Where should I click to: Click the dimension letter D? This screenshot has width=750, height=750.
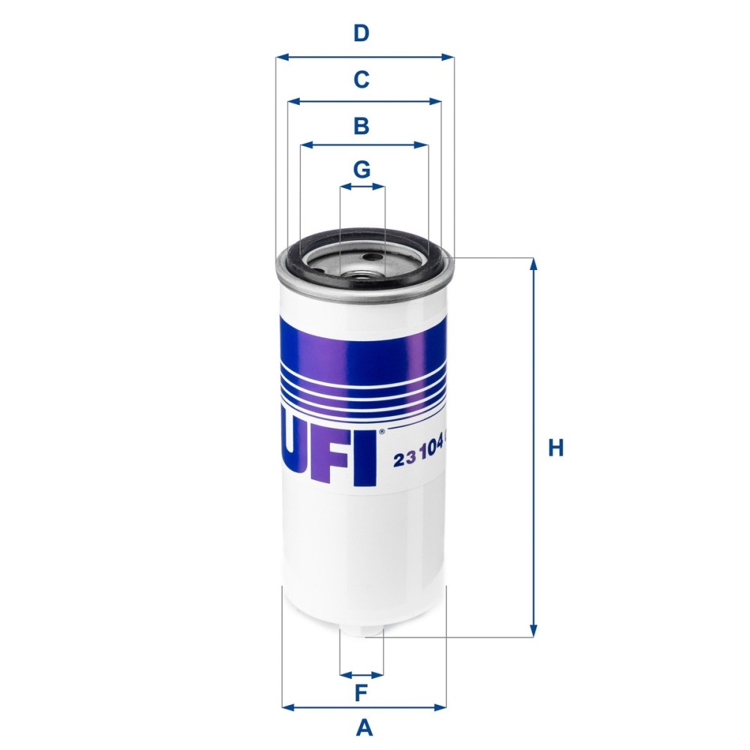[361, 34]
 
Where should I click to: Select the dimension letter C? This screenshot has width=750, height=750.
[361, 79]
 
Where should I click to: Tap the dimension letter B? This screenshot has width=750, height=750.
[361, 126]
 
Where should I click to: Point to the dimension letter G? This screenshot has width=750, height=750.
[362, 170]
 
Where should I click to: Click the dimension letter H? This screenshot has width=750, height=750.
[555, 448]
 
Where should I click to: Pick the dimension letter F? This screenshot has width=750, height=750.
[361, 694]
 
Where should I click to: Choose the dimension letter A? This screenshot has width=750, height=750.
[364, 727]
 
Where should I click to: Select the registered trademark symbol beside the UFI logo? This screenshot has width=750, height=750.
[382, 431]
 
